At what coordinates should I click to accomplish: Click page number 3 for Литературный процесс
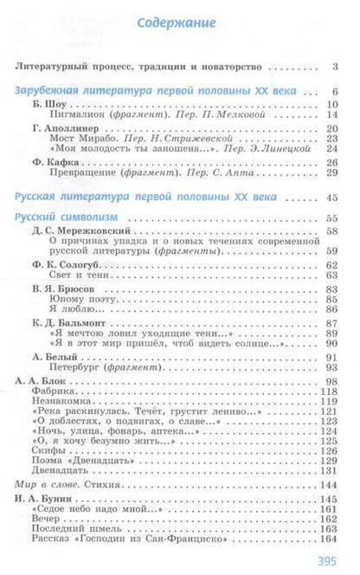pyautogui.click(x=336, y=66)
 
